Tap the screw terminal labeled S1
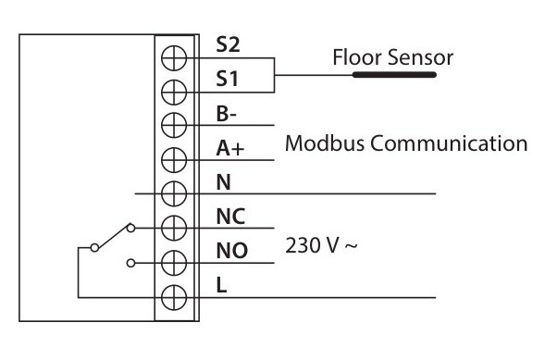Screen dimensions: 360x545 [x=174, y=91]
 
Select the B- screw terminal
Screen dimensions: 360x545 [x=174, y=125]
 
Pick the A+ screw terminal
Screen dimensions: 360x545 [x=174, y=159]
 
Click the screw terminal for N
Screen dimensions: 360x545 [x=174, y=193]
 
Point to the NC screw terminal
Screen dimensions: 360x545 [x=174, y=228]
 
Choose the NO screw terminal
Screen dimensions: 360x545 [x=174, y=262]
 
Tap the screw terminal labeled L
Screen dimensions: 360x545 [x=174, y=297]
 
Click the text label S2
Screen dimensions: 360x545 [x=226, y=43]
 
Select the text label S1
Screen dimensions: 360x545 [x=225, y=80]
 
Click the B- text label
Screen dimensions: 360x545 [x=225, y=114]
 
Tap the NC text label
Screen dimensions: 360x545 [x=229, y=217]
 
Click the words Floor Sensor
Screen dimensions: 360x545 [x=392, y=58]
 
